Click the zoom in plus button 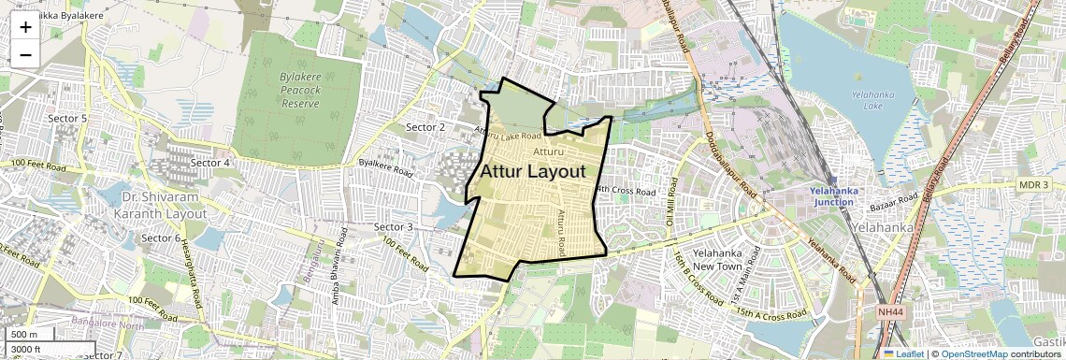pyautogui.click(x=25, y=27)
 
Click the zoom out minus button pyautogui.click(x=25, y=54)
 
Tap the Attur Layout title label pyautogui.click(x=533, y=172)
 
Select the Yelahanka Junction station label pyautogui.click(x=831, y=196)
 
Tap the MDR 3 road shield pyautogui.click(x=1033, y=185)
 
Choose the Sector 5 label pyautogui.click(x=67, y=119)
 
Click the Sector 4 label pyautogui.click(x=210, y=163)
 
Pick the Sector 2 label pyautogui.click(x=425, y=126)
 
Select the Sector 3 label pyautogui.click(x=393, y=227)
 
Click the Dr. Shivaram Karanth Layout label pyautogui.click(x=164, y=205)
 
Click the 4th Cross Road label pyautogui.click(x=627, y=191)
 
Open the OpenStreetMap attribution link pyautogui.click(x=973, y=354)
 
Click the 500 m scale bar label pyautogui.click(x=24, y=335)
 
